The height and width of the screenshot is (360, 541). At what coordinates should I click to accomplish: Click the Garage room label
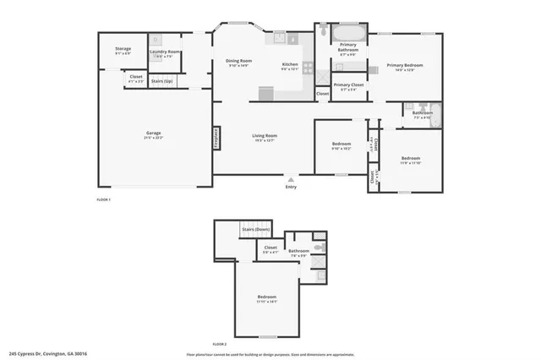point(153,134)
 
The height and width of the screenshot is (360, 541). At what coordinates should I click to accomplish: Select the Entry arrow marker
point(291,180)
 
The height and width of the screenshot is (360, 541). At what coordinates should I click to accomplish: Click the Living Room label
point(265,136)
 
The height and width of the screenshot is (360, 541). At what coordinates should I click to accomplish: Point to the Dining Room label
point(238,62)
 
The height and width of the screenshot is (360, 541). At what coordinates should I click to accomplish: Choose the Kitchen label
point(290,65)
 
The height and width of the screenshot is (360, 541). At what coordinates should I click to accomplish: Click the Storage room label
point(123,50)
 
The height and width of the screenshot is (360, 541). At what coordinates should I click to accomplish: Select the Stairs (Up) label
point(162,81)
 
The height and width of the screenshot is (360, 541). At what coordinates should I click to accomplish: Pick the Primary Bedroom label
point(404,66)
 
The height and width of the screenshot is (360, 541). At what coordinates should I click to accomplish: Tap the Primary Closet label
point(348,85)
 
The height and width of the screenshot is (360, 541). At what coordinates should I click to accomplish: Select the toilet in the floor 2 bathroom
point(318,247)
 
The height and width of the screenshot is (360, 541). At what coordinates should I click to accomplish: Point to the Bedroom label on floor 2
point(267,297)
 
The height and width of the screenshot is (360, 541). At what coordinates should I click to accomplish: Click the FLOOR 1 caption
point(104,199)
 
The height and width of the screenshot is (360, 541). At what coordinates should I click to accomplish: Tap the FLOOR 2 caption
point(220,344)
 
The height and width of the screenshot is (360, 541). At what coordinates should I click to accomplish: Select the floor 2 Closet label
point(270,248)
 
